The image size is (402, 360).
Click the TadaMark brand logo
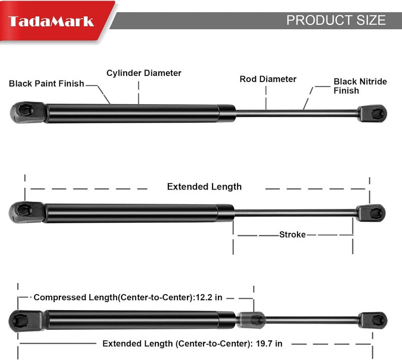(51, 22)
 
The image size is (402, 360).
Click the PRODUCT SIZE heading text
(336, 20)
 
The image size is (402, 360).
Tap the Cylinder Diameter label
(144, 73)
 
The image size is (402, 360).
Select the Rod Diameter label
(268, 79)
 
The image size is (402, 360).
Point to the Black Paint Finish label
(46, 83)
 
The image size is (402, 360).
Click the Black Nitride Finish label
(360, 86)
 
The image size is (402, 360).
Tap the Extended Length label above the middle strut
(205, 187)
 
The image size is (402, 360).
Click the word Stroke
(292, 234)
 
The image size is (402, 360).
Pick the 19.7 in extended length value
(269, 343)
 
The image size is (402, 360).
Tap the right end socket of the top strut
(372, 114)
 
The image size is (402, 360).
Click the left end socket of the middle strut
(27, 212)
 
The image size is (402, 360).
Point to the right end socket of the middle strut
(371, 213)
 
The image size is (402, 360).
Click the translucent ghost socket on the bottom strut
(251, 320)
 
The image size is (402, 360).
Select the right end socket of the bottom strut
(373, 320)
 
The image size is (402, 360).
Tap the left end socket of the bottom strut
(26, 321)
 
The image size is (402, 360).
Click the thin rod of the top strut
(297, 114)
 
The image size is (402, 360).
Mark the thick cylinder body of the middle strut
(139, 213)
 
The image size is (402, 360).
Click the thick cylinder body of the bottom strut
(140, 320)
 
